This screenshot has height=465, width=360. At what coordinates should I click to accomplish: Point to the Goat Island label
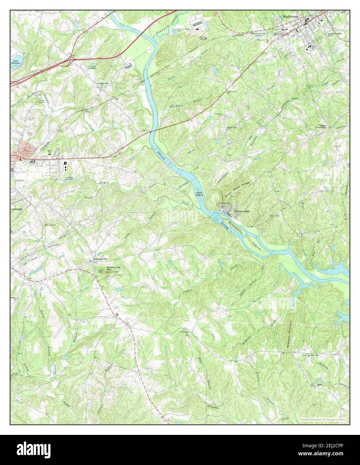200,194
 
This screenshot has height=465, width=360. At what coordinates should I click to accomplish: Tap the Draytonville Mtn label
112,268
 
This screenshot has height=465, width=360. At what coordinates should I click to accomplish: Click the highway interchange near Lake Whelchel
71,59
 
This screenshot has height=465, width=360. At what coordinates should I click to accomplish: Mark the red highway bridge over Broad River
151,131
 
